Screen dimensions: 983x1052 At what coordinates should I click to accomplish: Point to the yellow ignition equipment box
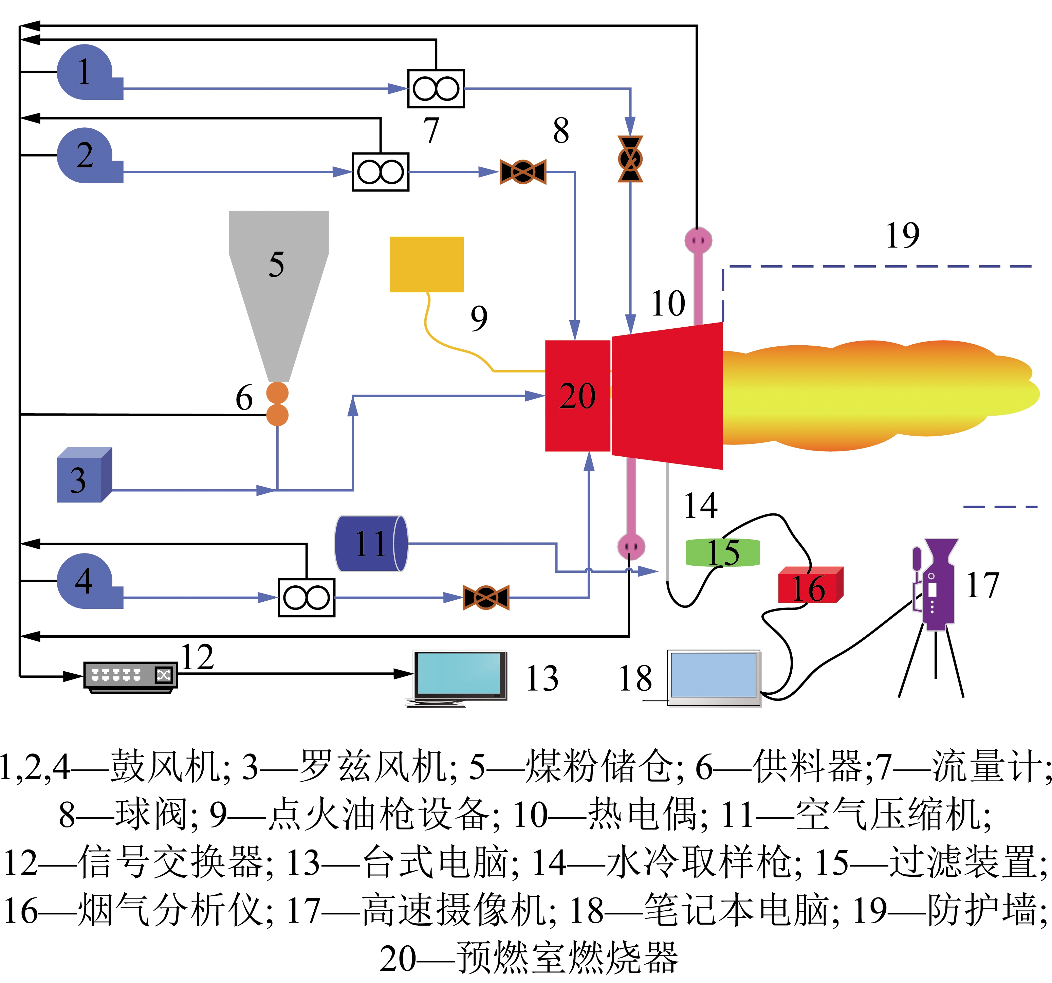pyautogui.click(x=426, y=264)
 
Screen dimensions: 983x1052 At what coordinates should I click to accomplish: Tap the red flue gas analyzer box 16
pyautogui.click(x=810, y=585)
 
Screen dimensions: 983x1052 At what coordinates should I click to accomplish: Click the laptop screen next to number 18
pyautogui.click(x=713, y=675)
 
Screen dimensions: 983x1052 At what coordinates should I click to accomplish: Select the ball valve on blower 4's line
pyautogui.click(x=486, y=598)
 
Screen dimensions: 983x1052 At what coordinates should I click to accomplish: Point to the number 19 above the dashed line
pyautogui.click(x=903, y=236)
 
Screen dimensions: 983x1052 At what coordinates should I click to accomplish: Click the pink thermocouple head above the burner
pyautogui.click(x=698, y=240)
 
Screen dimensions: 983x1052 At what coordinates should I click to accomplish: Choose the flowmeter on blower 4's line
pyautogui.click(x=307, y=598)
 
